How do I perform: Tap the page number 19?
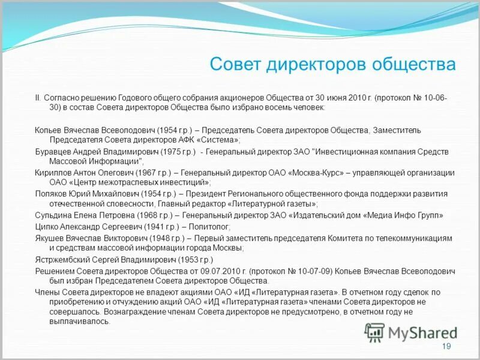[x=446, y=347]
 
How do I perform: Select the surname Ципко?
[x=47, y=226]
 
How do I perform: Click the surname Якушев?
[x=50, y=238]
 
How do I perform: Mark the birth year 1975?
[x=164, y=151]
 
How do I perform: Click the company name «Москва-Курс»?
[x=316, y=172]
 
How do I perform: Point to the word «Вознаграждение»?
[x=139, y=312]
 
